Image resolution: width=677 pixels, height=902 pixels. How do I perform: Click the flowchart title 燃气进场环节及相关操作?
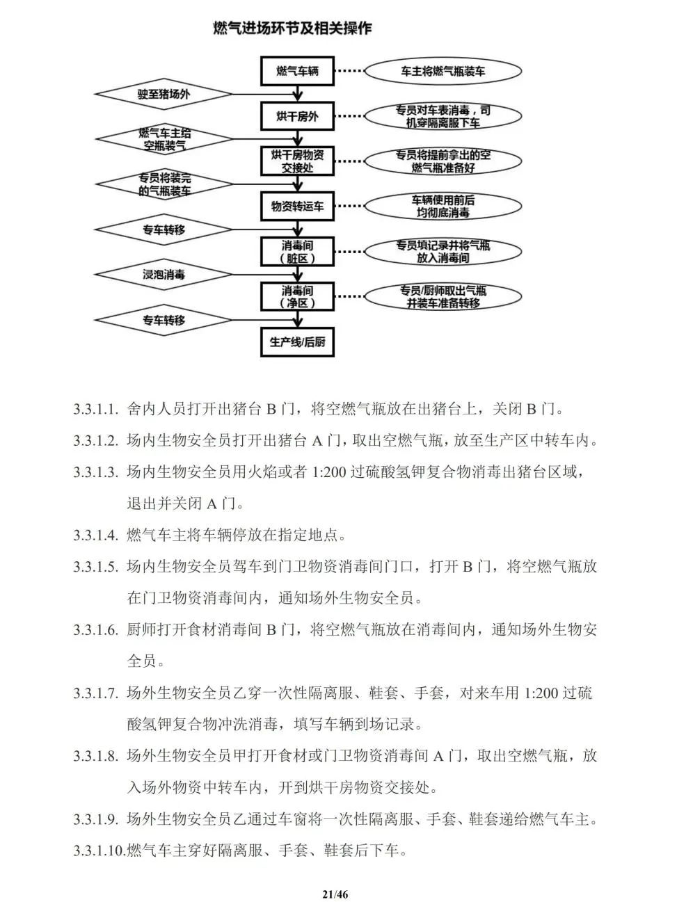[292, 29]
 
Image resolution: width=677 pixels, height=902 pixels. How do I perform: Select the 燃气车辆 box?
[297, 71]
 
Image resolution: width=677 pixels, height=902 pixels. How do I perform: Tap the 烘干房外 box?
[297, 116]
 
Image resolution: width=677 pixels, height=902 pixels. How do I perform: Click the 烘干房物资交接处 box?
[297, 161]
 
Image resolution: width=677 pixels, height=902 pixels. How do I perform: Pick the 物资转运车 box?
[297, 207]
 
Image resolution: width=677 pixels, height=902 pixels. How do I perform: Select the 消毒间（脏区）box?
[297, 252]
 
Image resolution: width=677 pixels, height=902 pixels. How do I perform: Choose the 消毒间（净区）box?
[297, 297]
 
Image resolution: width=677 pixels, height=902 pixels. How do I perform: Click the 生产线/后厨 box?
[297, 342]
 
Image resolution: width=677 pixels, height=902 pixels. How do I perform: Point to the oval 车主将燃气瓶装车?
[443, 71]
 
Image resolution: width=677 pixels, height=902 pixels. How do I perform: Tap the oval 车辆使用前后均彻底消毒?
[443, 207]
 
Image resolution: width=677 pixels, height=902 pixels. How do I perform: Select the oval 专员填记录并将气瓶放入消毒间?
[443, 252]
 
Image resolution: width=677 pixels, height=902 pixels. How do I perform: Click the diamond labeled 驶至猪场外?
[164, 94]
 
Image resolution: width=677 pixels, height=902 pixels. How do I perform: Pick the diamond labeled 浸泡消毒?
[164, 275]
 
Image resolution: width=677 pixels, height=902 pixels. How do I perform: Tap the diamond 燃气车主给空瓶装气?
[164, 139]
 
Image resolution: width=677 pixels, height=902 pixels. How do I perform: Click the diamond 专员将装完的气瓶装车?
[164, 184]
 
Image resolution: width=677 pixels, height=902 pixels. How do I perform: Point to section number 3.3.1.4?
[96, 535]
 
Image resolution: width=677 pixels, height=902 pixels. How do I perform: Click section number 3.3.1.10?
[99, 850]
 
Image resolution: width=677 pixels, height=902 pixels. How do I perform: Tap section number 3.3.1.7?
[96, 693]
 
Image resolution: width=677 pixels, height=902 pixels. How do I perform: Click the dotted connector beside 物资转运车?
[349, 207]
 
